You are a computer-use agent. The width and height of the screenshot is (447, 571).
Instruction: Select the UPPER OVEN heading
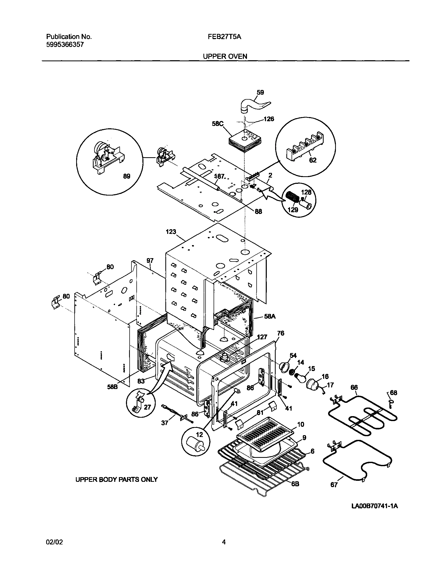click(x=225, y=56)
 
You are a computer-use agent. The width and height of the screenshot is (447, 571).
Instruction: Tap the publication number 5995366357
click(x=65, y=45)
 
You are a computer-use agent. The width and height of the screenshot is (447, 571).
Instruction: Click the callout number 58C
click(x=218, y=124)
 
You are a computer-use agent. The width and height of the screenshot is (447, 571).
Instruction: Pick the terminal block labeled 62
click(x=305, y=145)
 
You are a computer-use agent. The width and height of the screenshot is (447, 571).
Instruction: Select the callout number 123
click(x=171, y=232)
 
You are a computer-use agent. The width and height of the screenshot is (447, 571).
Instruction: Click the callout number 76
click(x=281, y=333)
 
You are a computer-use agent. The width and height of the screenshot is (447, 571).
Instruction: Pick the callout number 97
click(x=150, y=261)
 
